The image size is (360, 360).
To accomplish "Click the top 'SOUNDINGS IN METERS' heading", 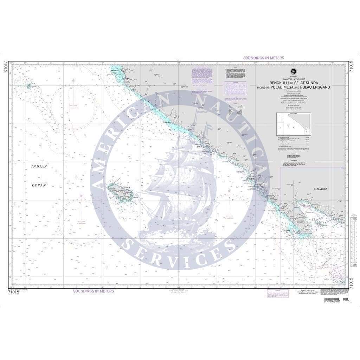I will (263, 58).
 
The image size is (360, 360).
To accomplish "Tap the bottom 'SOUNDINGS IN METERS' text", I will (94, 291).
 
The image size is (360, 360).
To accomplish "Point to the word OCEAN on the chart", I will (39, 185).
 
